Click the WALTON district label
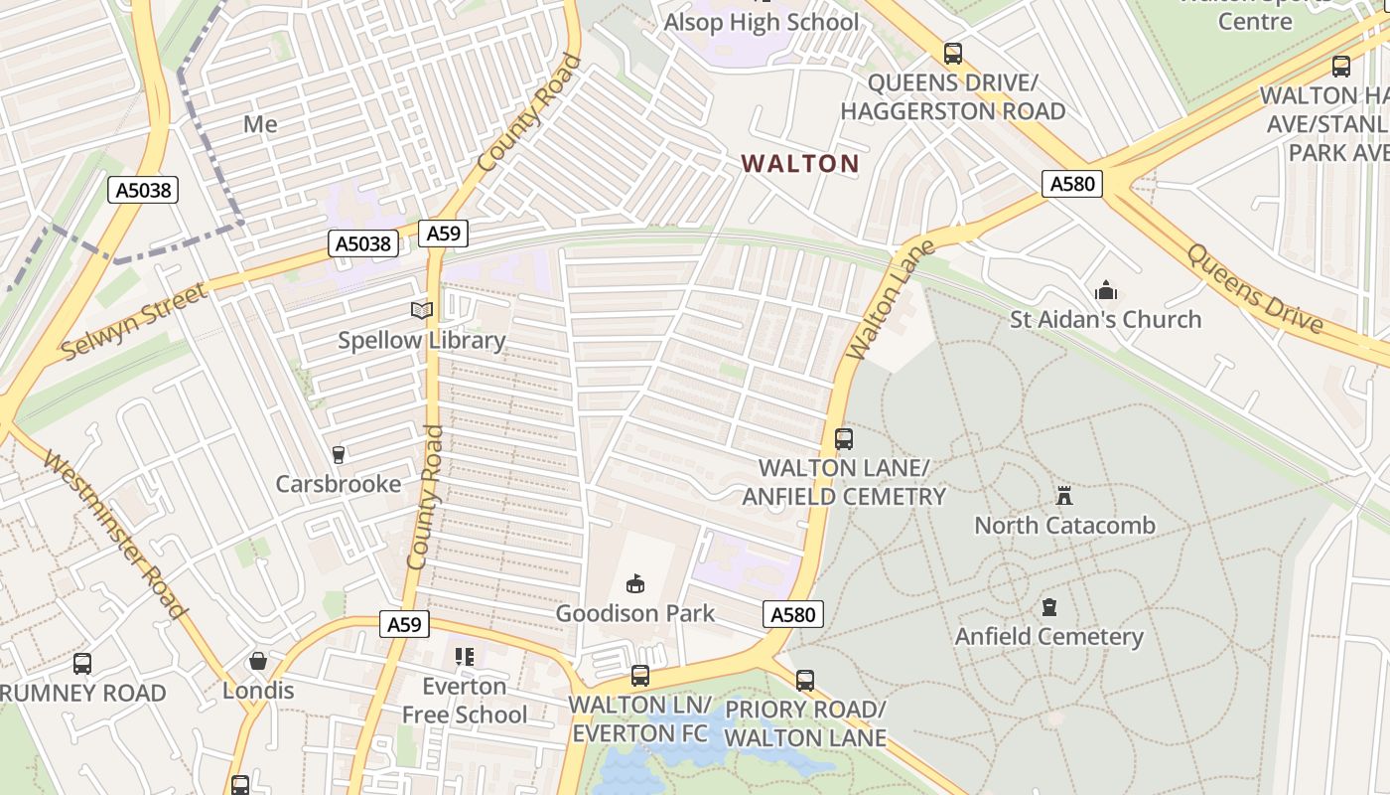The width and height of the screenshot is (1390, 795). tap(800, 163)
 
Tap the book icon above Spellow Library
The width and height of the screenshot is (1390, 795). tap(422, 310)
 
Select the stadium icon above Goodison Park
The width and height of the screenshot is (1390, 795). tap(635, 583)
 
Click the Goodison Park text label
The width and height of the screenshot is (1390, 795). tap(635, 613)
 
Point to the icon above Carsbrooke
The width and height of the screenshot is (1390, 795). tap(339, 454)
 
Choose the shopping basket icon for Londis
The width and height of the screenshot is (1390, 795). tap(258, 661)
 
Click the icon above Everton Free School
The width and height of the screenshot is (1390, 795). tap(465, 657)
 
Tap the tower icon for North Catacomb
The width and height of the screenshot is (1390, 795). tap(1064, 495)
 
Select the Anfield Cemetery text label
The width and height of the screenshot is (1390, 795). tap(1049, 636)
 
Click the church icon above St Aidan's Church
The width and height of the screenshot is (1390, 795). tap(1106, 290)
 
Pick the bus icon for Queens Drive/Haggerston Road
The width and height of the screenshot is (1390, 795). tap(953, 54)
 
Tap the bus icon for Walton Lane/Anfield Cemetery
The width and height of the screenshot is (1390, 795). tap(844, 438)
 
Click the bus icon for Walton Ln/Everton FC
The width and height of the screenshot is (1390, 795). tap(640, 676)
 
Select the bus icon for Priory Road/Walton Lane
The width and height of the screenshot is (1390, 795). tap(805, 681)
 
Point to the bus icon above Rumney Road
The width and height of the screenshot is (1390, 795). tap(82, 663)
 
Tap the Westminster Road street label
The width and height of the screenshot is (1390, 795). tap(117, 537)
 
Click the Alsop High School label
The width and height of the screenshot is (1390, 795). tap(762, 22)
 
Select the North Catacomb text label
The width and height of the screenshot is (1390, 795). tap(1064, 525)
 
